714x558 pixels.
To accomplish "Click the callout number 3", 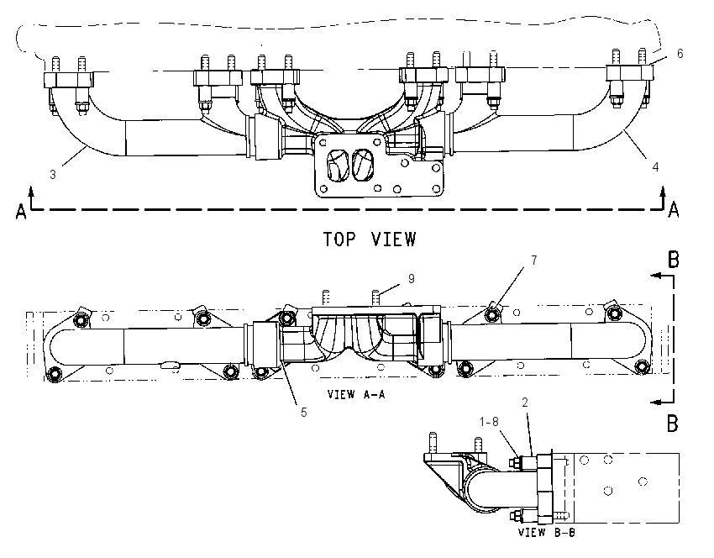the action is click(53, 175).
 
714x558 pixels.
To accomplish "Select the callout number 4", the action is click(655, 167).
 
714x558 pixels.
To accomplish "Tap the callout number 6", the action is click(680, 54).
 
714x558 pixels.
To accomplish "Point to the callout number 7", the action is click(533, 261).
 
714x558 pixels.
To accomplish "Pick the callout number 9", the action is click(412, 279).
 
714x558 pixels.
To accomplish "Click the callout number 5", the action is click(304, 413).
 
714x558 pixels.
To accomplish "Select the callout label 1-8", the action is click(489, 422).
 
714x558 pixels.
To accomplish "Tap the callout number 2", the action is click(525, 403).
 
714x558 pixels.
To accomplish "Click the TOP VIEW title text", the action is click(370, 240).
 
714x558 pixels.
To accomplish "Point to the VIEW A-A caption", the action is click(356, 394).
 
